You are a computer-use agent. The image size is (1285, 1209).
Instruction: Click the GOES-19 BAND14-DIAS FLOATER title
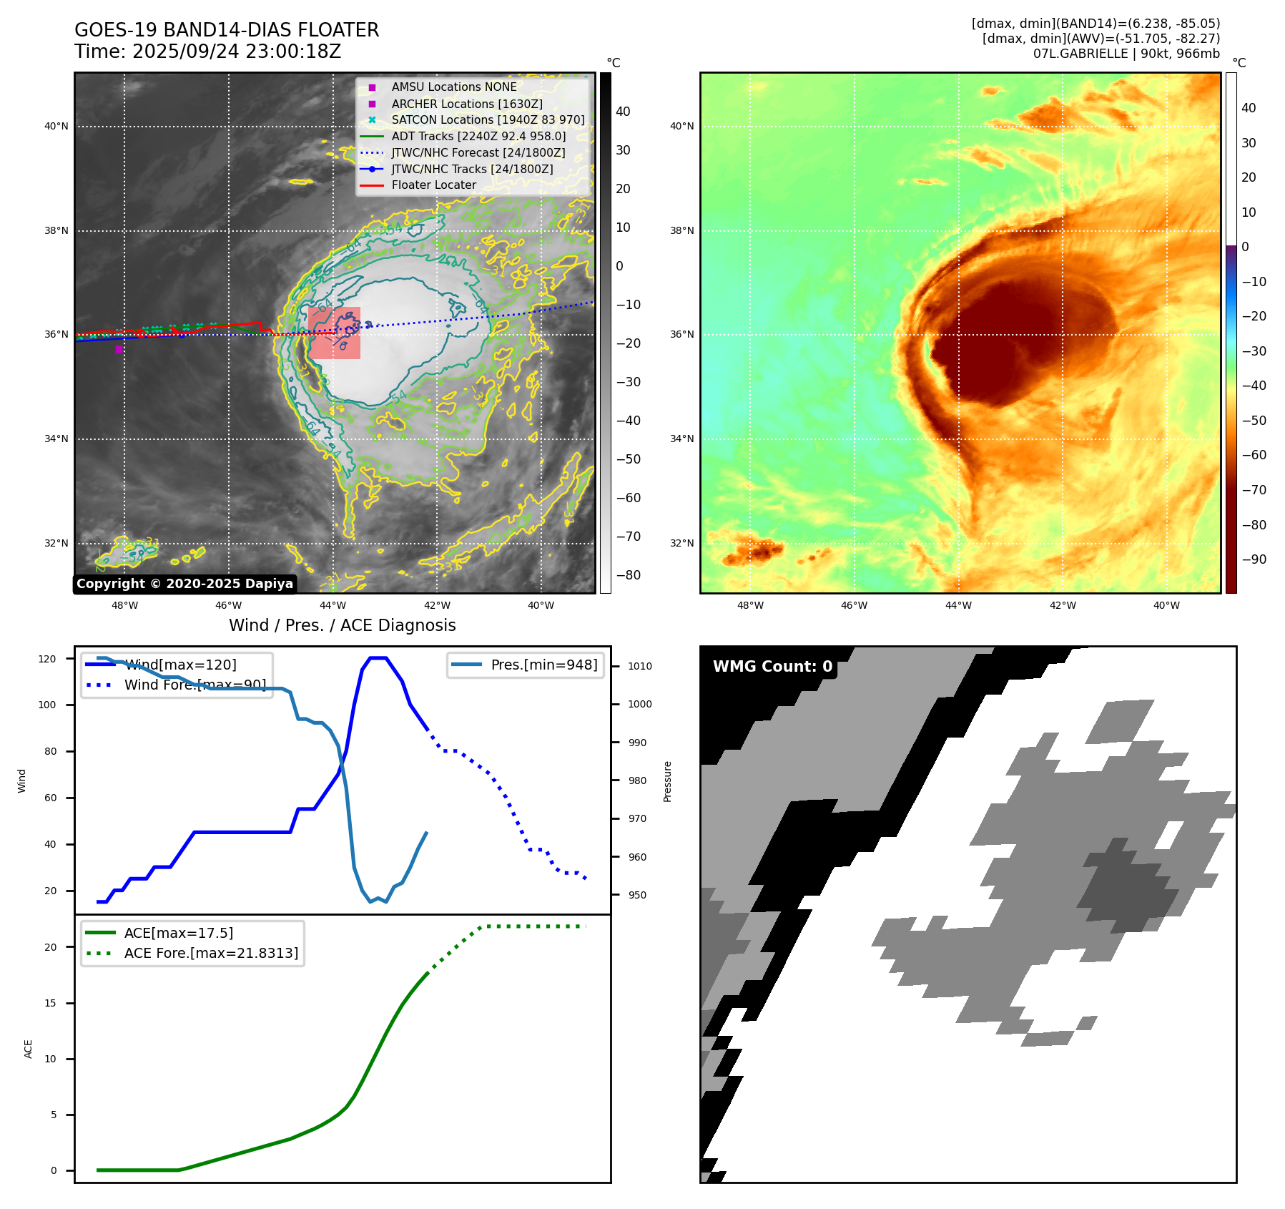point(227,30)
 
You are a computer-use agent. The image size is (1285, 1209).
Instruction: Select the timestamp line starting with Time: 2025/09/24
point(207,52)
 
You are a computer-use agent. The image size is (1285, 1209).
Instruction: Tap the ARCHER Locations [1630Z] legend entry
point(466,104)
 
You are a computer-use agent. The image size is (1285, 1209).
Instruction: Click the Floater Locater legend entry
point(433,185)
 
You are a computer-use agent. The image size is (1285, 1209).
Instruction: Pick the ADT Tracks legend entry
point(478,136)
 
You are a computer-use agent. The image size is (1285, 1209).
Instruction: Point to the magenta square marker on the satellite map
point(119,349)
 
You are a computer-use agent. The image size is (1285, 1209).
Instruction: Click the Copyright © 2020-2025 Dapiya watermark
point(184,584)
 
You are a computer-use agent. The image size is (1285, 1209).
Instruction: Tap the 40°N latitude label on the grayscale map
point(56,127)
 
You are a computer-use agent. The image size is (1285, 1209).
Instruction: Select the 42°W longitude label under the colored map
point(1062,605)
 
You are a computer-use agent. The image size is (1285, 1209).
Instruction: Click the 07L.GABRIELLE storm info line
point(1126,54)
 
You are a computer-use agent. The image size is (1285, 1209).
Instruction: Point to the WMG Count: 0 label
point(772,667)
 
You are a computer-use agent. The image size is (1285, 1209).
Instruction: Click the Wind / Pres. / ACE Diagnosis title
point(342,625)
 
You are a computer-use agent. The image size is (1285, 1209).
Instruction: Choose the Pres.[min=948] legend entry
point(543,665)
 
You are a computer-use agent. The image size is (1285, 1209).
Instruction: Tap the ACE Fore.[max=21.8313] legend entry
point(211,953)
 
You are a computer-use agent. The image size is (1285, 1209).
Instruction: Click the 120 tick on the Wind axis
point(47,659)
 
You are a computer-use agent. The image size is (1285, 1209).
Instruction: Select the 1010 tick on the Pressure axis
point(640,666)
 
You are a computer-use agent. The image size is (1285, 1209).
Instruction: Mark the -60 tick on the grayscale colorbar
point(629,498)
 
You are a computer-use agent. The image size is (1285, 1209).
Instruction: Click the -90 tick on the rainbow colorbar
point(1254,559)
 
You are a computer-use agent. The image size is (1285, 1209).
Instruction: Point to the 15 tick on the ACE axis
point(51,1003)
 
